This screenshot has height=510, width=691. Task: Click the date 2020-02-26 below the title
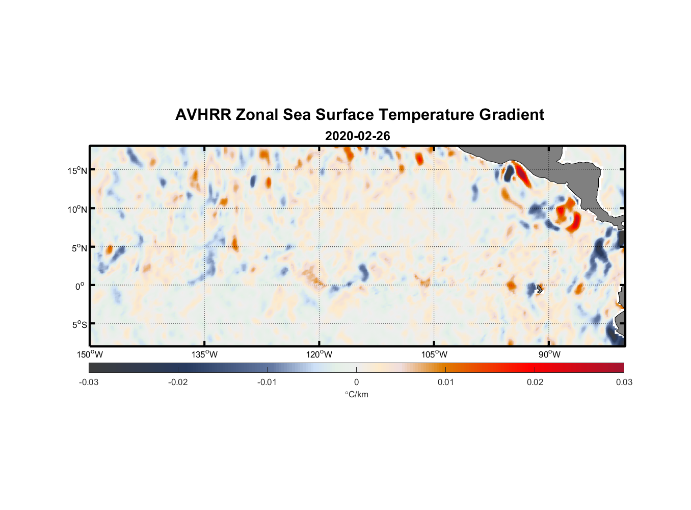tap(357, 136)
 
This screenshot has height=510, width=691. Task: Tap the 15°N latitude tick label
tap(77, 170)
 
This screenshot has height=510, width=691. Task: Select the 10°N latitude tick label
tap(77, 209)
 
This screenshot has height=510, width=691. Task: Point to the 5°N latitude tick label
tap(79, 248)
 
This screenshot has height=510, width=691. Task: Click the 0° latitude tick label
tap(80, 286)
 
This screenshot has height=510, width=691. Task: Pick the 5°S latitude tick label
tap(79, 325)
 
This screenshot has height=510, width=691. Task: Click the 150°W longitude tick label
tap(90, 354)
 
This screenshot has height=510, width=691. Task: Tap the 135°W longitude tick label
tap(204, 354)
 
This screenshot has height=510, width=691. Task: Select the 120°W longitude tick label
tap(319, 354)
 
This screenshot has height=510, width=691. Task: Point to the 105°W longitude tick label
tap(434, 354)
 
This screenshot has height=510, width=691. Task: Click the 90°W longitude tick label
tap(549, 354)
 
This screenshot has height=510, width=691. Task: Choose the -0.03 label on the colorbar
tap(89, 382)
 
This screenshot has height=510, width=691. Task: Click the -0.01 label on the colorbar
tap(267, 382)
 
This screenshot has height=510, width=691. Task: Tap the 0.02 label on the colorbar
tap(535, 382)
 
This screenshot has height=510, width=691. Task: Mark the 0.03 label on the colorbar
tap(624, 382)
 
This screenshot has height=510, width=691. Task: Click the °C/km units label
tap(356, 394)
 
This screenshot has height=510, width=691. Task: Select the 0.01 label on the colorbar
tap(445, 382)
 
